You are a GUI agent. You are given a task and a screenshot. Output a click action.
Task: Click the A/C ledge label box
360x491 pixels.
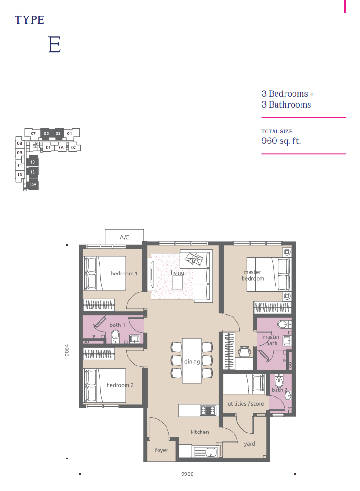click(125, 237)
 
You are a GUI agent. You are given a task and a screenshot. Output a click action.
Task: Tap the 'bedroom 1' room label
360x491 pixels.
click(124, 274)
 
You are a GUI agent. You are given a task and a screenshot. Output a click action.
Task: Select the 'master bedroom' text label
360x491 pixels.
click(253, 275)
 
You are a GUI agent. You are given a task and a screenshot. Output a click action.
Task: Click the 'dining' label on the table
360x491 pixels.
click(192, 362)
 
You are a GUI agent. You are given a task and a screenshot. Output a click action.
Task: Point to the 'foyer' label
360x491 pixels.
click(161, 450)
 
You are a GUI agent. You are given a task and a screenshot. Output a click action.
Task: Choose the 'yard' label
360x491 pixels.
click(250, 444)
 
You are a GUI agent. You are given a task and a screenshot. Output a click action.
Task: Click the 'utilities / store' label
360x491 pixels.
click(246, 404)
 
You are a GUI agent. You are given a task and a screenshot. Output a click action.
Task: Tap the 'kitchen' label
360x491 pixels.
click(200, 432)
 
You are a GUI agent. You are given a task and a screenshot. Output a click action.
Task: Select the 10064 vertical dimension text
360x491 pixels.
click(67, 351)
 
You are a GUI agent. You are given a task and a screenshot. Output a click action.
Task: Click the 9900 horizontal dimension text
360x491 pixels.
click(187, 474)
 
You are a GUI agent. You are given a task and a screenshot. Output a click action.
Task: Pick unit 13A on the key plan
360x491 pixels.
click(33, 185)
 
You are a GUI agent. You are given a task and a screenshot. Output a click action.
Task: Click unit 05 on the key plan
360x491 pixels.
click(46, 134)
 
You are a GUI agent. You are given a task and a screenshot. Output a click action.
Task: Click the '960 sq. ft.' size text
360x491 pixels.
click(281, 141)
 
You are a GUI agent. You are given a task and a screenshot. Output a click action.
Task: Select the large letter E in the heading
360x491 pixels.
click(54, 44)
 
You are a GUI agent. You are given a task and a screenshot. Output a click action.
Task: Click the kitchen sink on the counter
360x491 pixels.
click(207, 452)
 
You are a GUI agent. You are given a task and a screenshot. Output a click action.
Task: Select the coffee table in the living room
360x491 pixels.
click(178, 283)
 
